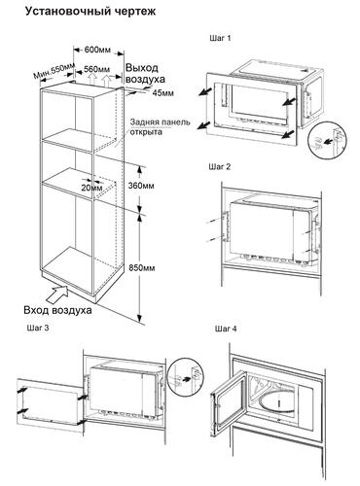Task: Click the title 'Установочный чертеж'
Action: [x=90, y=12]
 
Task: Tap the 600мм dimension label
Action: [x=97, y=50]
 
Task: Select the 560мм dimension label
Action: [x=96, y=69]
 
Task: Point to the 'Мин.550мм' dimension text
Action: [x=54, y=71]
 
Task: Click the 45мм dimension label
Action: [x=163, y=93]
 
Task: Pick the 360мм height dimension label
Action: [x=141, y=186]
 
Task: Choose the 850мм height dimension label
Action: [x=142, y=268]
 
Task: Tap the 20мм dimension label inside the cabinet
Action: [x=91, y=188]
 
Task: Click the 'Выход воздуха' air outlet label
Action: [x=145, y=73]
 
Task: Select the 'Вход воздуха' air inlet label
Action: [x=57, y=310]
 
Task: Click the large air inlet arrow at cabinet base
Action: [x=58, y=292]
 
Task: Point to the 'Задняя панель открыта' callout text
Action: [x=160, y=127]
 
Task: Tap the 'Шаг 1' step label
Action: [x=220, y=38]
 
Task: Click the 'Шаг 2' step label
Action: [x=220, y=167]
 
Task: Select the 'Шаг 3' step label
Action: [x=38, y=328]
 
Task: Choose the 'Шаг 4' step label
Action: [x=226, y=329]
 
